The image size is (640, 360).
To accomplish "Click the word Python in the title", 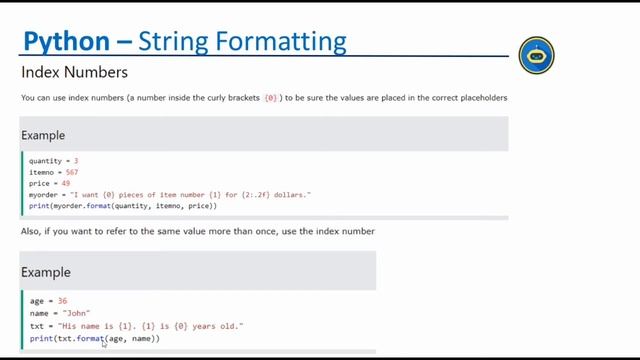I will pyautogui.click(x=65, y=42).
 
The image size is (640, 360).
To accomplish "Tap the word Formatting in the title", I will pyautogui.click(x=291, y=42).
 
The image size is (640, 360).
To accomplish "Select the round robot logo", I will pyautogui.click(x=537, y=56).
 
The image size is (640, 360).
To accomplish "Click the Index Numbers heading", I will pyautogui.click(x=74, y=73).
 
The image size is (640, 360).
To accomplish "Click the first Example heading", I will pyautogui.click(x=43, y=135).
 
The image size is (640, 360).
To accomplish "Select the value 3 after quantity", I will pyautogui.click(x=76, y=161).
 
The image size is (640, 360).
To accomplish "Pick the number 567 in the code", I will pyautogui.click(x=71, y=172).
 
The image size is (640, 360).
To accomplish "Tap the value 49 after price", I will pyautogui.click(x=65, y=183).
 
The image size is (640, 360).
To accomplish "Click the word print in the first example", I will pyautogui.click(x=39, y=205).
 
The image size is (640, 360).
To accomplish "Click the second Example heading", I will pyautogui.click(x=46, y=272).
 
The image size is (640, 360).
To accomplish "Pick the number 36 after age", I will pyautogui.click(x=62, y=301).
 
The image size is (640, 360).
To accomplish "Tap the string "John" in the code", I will pyautogui.click(x=76, y=313).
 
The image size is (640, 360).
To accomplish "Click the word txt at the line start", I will pyautogui.click(x=36, y=326).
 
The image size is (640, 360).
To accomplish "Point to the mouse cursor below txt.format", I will pyautogui.click(x=104, y=344).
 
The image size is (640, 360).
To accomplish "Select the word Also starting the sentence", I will pyautogui.click(x=30, y=231).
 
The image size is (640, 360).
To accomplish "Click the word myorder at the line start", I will pyautogui.click(x=43, y=194).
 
